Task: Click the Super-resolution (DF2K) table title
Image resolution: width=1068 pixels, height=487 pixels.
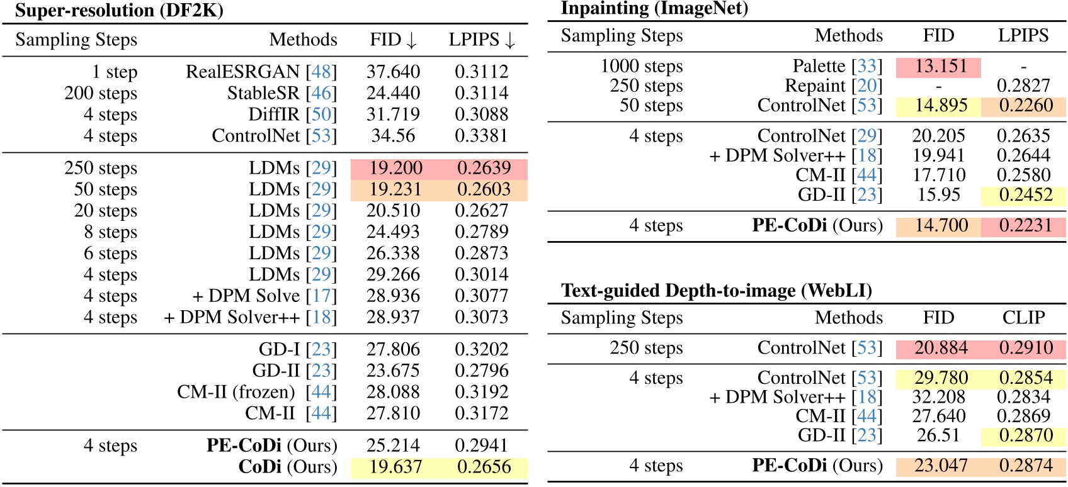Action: point(119,10)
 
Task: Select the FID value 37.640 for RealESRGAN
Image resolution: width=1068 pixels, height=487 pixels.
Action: point(393,72)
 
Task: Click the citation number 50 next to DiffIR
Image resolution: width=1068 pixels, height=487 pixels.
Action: point(321,115)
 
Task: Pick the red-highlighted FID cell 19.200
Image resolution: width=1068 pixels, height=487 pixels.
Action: point(395,168)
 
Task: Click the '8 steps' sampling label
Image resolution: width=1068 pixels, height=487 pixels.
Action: point(110,232)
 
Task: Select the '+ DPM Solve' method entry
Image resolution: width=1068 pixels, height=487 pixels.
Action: point(246,296)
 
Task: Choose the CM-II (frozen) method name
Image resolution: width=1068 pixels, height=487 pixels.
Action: point(236,392)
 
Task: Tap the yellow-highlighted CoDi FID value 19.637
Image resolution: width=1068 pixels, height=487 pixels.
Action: point(395,467)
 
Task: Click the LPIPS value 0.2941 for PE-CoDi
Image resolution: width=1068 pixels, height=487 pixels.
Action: point(481,445)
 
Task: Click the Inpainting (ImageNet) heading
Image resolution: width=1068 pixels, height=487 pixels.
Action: point(654,8)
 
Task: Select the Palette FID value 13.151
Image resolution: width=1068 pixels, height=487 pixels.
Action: point(941,66)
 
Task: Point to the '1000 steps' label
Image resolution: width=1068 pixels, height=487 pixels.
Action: point(641,66)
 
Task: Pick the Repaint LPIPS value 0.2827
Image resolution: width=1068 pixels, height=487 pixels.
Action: point(1023,86)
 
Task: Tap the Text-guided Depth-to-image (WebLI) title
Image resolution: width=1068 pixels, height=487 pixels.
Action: point(717,291)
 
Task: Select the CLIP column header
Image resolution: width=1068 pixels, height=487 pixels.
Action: point(1023,318)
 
